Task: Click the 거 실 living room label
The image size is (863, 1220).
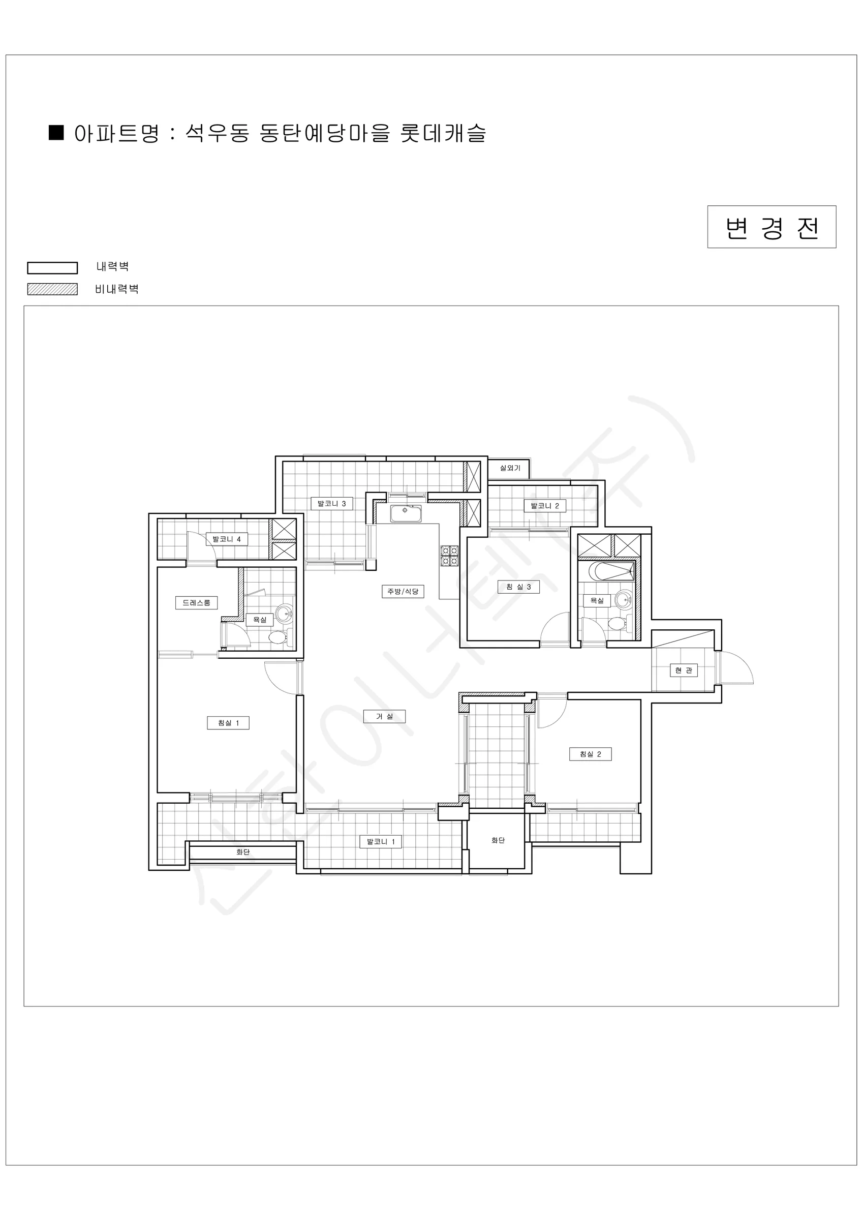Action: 384,716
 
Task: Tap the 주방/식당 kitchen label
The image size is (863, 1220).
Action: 403,591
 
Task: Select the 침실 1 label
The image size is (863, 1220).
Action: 228,723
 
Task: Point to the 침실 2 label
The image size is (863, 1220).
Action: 591,754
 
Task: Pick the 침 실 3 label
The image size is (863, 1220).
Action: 518,587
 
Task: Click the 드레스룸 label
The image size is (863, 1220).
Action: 197,602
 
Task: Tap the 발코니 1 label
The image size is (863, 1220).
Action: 381,842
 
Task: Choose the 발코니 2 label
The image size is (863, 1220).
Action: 545,506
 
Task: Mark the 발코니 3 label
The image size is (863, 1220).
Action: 331,503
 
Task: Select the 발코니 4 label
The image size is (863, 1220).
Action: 227,539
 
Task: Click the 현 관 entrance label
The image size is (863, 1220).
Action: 684,670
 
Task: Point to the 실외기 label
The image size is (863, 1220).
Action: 510,468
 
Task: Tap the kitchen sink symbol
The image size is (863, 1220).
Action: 406,513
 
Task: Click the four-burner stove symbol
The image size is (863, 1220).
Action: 450,556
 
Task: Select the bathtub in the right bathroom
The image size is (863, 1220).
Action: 611,571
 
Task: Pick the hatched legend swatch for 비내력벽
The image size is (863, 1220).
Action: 53,289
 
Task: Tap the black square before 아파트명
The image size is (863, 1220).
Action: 56,132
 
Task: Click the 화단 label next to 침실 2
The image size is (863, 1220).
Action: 498,840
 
